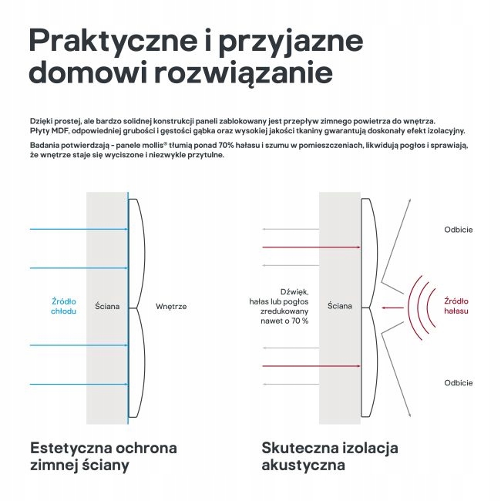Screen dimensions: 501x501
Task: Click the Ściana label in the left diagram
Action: (x=107, y=306)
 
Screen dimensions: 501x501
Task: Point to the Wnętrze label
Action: (x=171, y=306)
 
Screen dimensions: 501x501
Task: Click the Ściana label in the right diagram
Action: (x=340, y=306)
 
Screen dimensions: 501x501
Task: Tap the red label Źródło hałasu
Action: (x=456, y=306)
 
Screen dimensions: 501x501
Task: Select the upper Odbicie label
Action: (x=458, y=230)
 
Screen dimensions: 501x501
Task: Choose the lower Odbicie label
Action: (x=458, y=383)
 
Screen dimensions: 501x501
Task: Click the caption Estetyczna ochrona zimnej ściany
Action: (x=103, y=456)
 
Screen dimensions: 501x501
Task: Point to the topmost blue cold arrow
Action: (x=77, y=229)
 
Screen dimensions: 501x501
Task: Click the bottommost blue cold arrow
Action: (x=77, y=383)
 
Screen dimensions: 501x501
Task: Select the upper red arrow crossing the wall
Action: (x=311, y=247)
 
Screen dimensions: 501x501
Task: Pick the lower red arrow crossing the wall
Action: (x=311, y=365)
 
